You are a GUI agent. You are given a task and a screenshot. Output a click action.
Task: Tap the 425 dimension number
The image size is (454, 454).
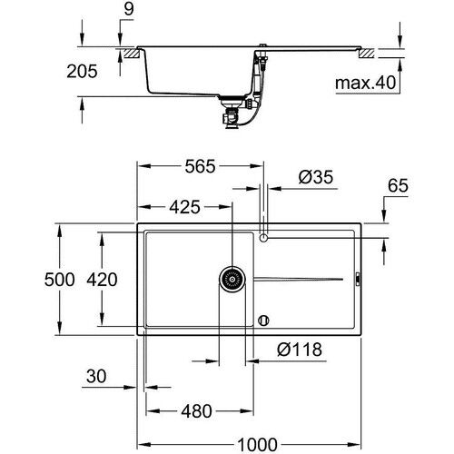coord(184,207)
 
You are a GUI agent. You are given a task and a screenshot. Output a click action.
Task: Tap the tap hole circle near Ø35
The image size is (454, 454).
coord(263,238)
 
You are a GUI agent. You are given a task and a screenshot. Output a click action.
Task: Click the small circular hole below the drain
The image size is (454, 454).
coord(263,319)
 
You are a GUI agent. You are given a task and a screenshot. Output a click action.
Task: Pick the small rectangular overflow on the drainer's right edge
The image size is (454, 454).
coord(358,279)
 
